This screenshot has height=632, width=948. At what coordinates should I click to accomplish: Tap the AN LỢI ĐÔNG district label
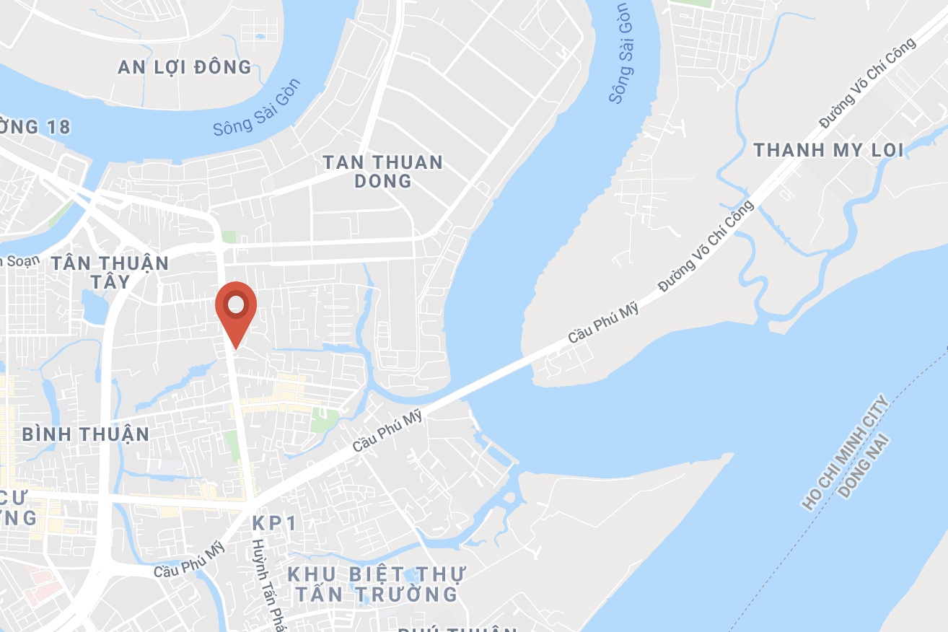coord(185,68)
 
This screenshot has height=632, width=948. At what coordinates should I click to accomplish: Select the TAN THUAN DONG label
coord(382,171)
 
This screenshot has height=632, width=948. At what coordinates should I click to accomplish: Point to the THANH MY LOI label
coord(828,150)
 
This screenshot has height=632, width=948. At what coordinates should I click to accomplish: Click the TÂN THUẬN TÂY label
coord(110,271)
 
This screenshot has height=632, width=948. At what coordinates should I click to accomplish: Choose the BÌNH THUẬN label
coord(85,434)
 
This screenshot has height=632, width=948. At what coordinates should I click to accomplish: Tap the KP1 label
coord(275,523)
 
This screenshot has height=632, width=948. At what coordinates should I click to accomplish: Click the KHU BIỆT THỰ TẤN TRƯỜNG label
coord(376,584)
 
